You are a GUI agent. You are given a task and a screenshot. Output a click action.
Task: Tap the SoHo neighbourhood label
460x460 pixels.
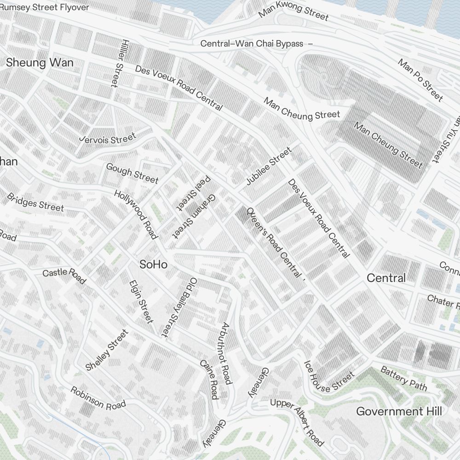(153, 265)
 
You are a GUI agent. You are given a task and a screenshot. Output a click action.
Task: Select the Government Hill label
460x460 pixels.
(399, 411)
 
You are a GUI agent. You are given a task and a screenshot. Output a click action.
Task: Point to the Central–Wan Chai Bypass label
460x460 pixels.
(252, 44)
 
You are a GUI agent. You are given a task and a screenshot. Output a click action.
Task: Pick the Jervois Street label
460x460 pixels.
(108, 138)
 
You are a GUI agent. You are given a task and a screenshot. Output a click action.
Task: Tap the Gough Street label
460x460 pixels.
(132, 173)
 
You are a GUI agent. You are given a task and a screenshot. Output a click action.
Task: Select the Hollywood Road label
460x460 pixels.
(136, 214)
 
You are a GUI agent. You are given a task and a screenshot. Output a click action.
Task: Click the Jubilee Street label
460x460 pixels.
(269, 166)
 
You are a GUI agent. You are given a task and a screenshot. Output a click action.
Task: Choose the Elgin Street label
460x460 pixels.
(141, 301)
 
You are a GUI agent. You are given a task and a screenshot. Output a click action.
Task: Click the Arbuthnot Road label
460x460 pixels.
(225, 353)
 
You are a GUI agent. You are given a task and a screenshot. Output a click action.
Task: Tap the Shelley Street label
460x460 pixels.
(107, 350)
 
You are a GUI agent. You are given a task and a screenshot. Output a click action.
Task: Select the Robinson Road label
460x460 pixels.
(98, 398)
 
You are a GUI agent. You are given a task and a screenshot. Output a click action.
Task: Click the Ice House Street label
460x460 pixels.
(329, 377)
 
